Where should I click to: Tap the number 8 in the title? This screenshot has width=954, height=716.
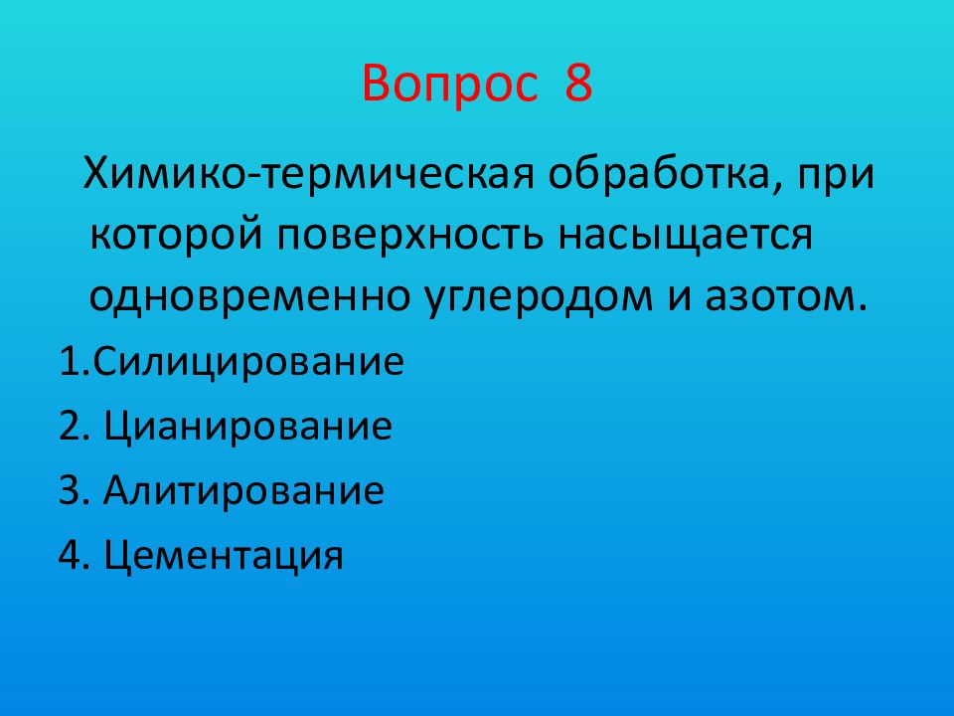[x=578, y=85]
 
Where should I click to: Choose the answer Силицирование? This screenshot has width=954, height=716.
[x=248, y=361]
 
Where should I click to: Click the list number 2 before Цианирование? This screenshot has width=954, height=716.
[x=69, y=428]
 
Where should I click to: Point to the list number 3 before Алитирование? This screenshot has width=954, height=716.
[x=69, y=491]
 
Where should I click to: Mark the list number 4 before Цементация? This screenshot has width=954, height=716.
[x=69, y=555]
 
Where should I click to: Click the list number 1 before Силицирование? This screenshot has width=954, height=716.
[x=68, y=361]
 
